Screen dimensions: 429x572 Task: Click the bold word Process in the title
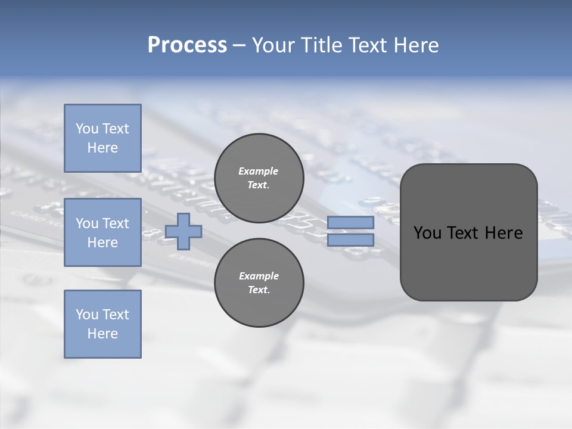(x=187, y=45)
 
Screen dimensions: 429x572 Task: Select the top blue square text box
(x=102, y=138)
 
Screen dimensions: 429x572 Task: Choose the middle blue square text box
(x=102, y=232)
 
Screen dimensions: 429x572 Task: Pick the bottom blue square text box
(x=102, y=324)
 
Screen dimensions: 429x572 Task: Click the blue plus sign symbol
(x=184, y=231)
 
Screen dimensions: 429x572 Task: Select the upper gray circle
(x=259, y=178)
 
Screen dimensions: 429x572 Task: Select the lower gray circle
(x=259, y=283)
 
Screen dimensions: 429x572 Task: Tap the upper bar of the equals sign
(x=350, y=223)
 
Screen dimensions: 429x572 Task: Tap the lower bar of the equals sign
(x=350, y=240)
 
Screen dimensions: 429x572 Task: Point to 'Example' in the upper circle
(x=259, y=171)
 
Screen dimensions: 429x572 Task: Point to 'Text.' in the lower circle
(x=259, y=290)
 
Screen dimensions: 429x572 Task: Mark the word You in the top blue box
(x=87, y=129)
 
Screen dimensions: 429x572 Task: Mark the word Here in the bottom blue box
(x=102, y=334)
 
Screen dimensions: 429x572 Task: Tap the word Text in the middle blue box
(x=115, y=223)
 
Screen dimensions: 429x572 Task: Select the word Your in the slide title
(x=271, y=45)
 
